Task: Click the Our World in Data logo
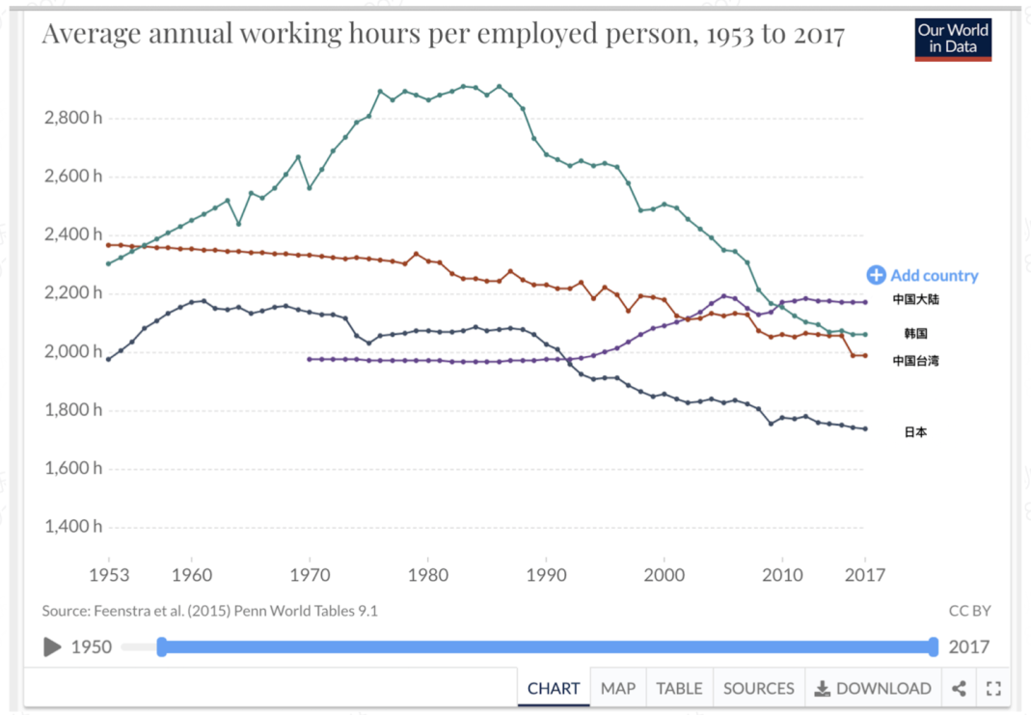coord(953,39)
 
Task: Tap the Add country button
coord(922,276)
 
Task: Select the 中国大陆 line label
coord(915,299)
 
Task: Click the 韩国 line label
coord(915,333)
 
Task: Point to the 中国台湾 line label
coord(915,361)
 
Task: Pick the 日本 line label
coord(915,432)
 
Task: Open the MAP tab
coord(618,688)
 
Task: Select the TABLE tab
coord(679,688)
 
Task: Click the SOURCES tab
coord(758,688)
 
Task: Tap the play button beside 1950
coord(52,646)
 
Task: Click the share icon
coord(959,688)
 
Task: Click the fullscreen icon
coord(993,688)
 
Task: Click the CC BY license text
coord(969,611)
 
